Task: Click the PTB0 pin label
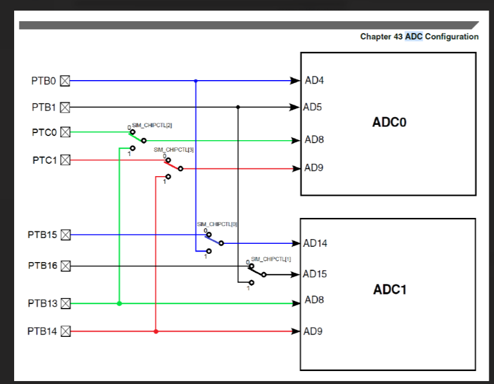44,81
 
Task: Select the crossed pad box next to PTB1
65,107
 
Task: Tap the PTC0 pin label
44,133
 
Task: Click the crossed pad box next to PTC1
65,160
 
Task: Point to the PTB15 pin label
42,234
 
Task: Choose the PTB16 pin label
42,266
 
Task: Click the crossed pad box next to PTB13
65,304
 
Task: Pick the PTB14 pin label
42,331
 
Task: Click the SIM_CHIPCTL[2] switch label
152,125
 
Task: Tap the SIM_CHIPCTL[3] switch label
174,150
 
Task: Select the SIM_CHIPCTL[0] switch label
217,224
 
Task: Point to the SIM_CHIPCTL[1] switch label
271,259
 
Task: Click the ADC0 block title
389,123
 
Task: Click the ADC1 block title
389,290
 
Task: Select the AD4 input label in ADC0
314,81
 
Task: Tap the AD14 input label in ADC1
316,243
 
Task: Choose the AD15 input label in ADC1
316,274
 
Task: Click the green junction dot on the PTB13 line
120,304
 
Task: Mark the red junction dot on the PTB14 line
156,332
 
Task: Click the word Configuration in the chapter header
452,37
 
